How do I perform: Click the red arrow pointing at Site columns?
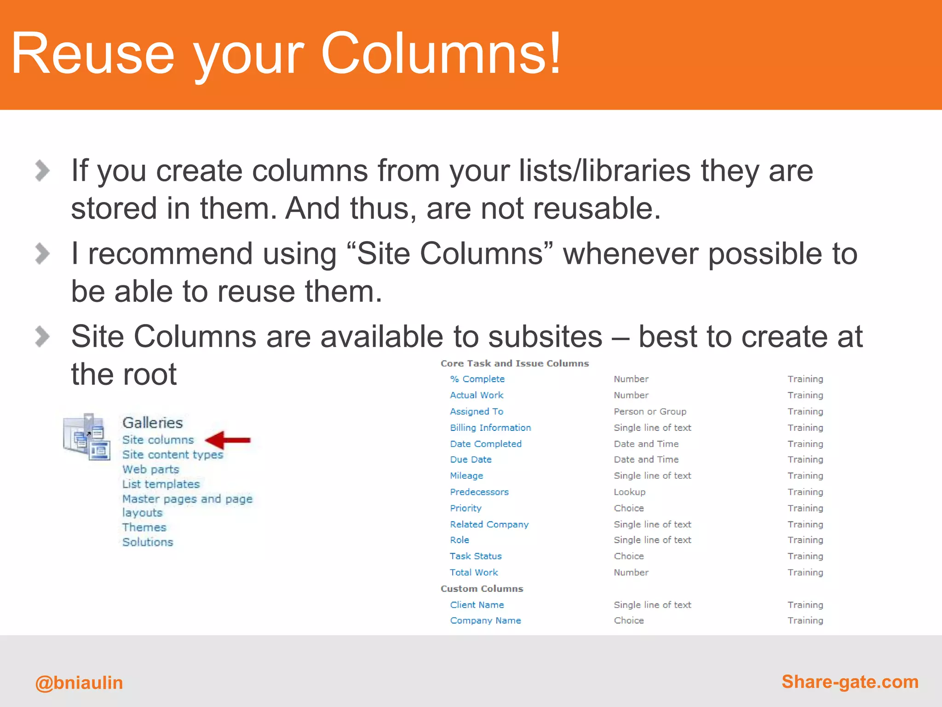pyautogui.click(x=228, y=440)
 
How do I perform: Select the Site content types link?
pyautogui.click(x=172, y=455)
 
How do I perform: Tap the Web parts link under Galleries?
pyautogui.click(x=150, y=469)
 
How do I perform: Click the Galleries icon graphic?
pyautogui.click(x=86, y=436)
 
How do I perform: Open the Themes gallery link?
pyautogui.click(x=144, y=527)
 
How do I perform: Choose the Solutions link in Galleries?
pyautogui.click(x=148, y=542)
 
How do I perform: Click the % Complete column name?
pyautogui.click(x=477, y=379)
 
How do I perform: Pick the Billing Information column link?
pyautogui.click(x=490, y=428)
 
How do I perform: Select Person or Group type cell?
pyautogui.click(x=650, y=411)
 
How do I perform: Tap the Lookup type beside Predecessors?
pyautogui.click(x=630, y=492)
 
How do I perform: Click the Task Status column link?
pyautogui.click(x=476, y=556)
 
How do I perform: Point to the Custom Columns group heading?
pyautogui.click(x=482, y=589)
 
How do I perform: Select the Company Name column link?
pyautogui.click(x=485, y=620)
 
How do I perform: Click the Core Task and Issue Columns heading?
pyautogui.click(x=514, y=364)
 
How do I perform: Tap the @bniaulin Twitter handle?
pyautogui.click(x=79, y=683)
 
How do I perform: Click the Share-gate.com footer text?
pyautogui.click(x=850, y=682)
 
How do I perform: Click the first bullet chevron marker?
pyautogui.click(x=42, y=171)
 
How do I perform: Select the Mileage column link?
pyautogui.click(x=466, y=475)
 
